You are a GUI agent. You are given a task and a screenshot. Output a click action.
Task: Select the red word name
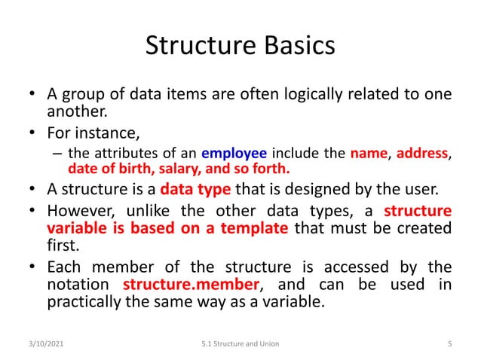pyautogui.click(x=369, y=155)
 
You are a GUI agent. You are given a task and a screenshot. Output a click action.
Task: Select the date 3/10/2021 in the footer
pyautogui.click(x=44, y=343)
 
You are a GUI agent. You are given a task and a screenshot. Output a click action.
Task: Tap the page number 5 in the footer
pyautogui.click(x=449, y=343)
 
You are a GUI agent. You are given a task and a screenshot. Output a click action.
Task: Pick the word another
pyautogui.click(x=74, y=113)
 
